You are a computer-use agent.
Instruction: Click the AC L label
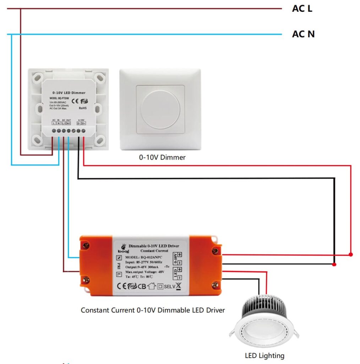[x=302, y=9]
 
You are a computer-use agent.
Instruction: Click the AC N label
[x=303, y=34]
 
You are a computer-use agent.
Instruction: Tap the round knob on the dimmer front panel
[x=160, y=109]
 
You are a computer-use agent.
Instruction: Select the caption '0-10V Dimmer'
[x=162, y=157]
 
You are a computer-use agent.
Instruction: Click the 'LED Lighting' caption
[x=264, y=355]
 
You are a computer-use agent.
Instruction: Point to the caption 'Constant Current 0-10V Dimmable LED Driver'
[x=153, y=310]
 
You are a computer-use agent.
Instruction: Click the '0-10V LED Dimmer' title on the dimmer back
[x=69, y=93]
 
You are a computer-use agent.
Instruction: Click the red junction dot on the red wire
[x=351, y=255]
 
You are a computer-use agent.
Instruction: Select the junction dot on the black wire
[x=334, y=264]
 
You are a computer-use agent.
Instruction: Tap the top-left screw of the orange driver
[x=86, y=245]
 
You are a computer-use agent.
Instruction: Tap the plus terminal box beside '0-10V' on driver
[x=180, y=255]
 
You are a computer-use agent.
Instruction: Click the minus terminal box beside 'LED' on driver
[x=180, y=277]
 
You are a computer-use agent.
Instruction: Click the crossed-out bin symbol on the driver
[x=178, y=286]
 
